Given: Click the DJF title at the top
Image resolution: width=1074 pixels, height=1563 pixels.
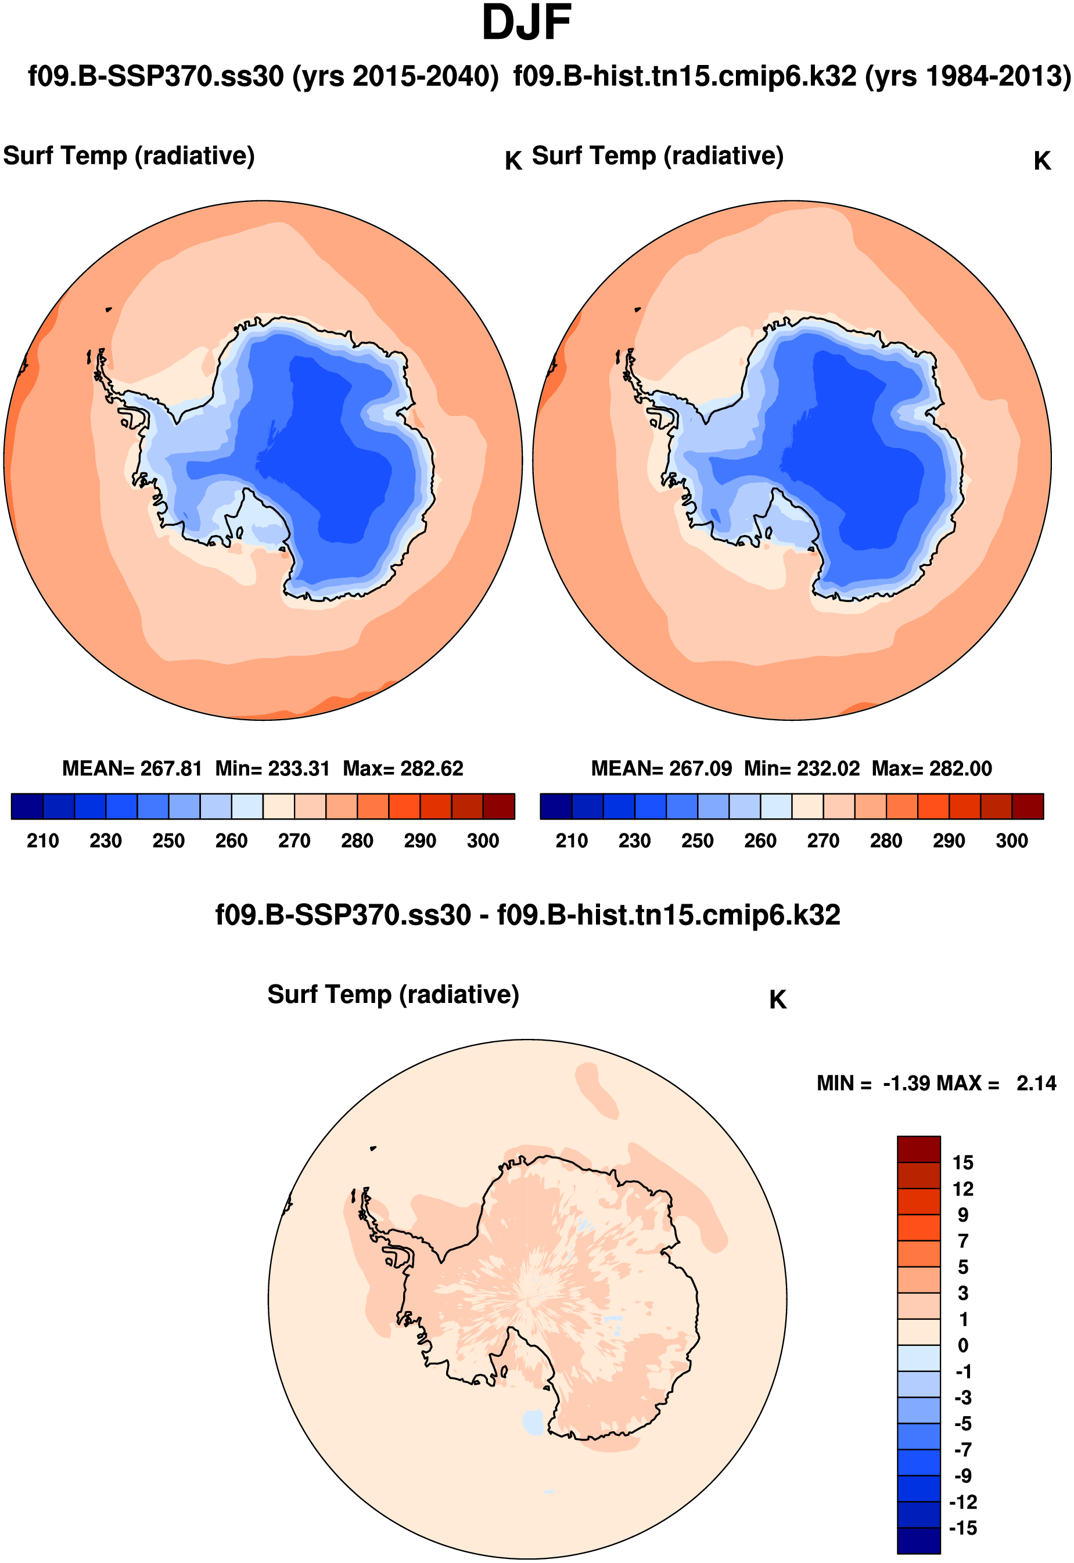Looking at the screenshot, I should pos(526,24).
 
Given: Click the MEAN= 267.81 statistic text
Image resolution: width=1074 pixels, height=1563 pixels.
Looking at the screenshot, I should pos(132,768).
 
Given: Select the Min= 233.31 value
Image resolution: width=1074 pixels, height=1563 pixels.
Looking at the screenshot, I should pos(272,768).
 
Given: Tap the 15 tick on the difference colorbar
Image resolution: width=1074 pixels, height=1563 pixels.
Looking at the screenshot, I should pos(962,1163).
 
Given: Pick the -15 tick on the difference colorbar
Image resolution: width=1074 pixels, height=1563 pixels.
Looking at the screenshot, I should pos(962,1528).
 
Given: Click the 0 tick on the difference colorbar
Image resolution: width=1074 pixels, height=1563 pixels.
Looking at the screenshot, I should pos(963,1346).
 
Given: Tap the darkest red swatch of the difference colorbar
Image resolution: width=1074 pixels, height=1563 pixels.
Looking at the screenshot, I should pos(918,1149).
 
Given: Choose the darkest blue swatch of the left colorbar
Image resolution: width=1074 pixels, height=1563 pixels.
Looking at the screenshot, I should pos(27,806).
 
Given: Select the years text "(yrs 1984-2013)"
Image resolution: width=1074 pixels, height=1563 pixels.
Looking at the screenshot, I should pos(968,76).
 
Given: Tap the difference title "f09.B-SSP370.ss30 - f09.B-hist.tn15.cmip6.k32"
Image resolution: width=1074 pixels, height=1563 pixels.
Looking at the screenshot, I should pos(527,915).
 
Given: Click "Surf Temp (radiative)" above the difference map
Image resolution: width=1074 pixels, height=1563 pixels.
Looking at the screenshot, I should pos(393,994).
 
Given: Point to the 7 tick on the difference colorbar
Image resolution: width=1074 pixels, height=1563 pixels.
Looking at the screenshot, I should pos(963,1241).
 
